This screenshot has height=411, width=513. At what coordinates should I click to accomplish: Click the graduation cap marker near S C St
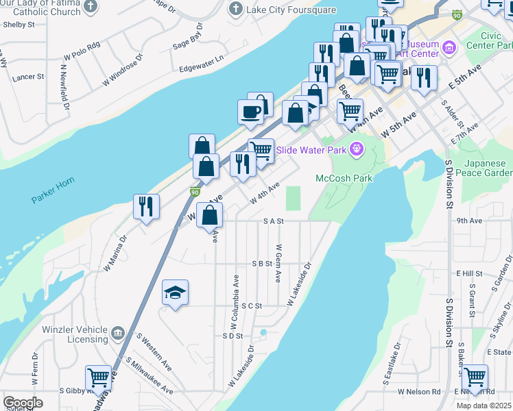pyautogui.click(x=176, y=293)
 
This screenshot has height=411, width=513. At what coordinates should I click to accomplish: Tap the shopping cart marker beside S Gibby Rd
pyautogui.click(x=99, y=377)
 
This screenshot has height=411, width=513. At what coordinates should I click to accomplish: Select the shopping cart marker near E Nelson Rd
pyautogui.click(x=475, y=376)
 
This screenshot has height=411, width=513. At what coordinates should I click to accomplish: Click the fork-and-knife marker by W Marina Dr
pyautogui.click(x=146, y=206)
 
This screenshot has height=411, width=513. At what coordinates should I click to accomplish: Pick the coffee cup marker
pyautogui.click(x=250, y=112)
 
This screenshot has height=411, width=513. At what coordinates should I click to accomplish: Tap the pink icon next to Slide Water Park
pyautogui.click(x=356, y=149)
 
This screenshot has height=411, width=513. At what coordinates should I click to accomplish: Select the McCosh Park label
pyautogui.click(x=343, y=178)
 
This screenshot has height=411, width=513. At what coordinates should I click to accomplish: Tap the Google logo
pyautogui.click(x=23, y=403)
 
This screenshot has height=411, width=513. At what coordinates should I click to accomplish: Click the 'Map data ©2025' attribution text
pyautogui.click(x=484, y=406)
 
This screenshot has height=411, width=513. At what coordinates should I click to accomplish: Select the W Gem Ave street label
pyautogui.click(x=278, y=264)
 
